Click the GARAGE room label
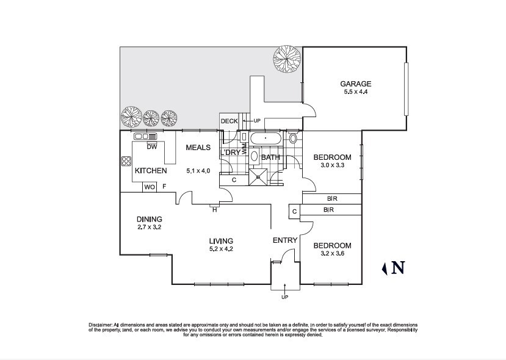(x=355, y=84)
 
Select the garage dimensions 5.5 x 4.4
(x=355, y=92)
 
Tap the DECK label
(x=229, y=121)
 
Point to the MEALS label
(x=198, y=148)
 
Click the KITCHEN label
(x=151, y=171)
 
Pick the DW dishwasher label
(x=153, y=147)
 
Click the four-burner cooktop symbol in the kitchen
(x=126, y=162)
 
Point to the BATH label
(x=270, y=157)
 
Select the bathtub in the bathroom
(x=266, y=139)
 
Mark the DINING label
(x=149, y=219)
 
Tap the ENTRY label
(x=284, y=240)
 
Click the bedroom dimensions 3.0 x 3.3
(x=332, y=165)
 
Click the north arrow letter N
(x=398, y=267)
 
